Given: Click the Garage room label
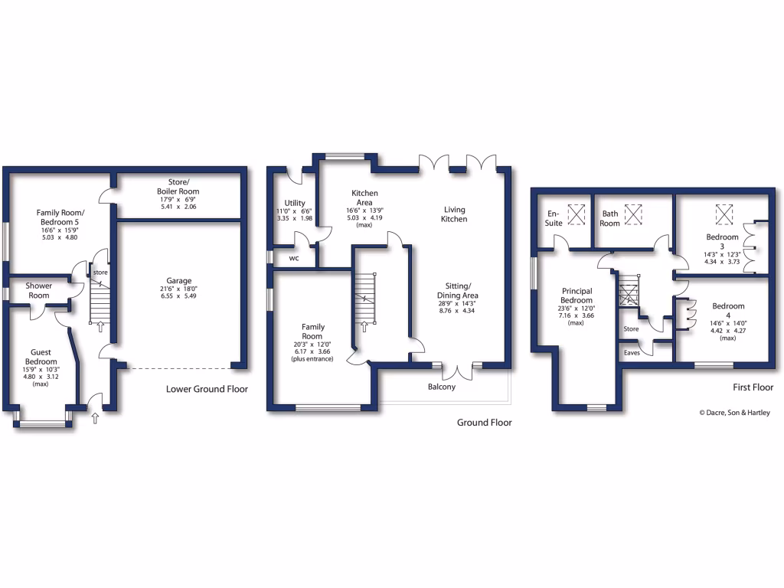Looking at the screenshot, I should pos(179,280).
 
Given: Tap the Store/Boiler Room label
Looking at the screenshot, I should pos(178,187).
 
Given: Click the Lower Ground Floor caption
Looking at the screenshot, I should pos(207,389).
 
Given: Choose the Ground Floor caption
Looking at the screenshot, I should pos(484,422).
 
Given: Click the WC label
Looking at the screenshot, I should pos(294,258).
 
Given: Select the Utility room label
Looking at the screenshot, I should pos(295,203).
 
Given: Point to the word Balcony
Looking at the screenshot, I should pos(441,387).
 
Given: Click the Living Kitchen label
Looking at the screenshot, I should pos(453,214).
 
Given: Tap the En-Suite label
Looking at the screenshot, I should pos(554,218).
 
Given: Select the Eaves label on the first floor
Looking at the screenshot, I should pos(632,352).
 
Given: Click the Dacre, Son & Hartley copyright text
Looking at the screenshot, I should pos(734,413).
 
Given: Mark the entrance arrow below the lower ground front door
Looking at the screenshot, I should pos(95,418).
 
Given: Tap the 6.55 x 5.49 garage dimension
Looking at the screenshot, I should pos(179,296).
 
